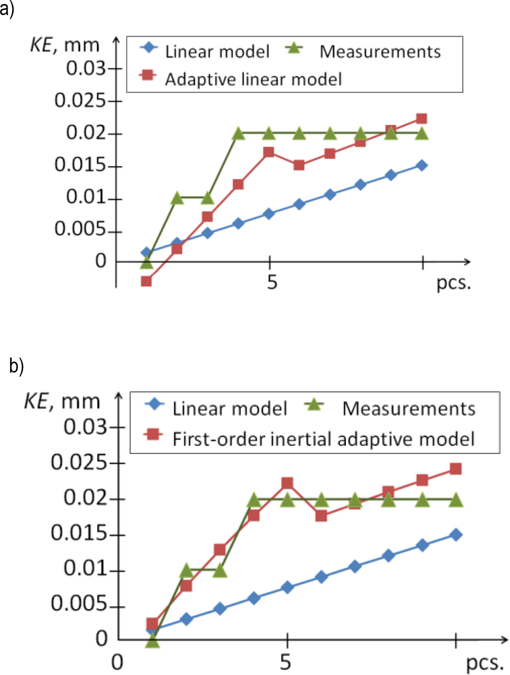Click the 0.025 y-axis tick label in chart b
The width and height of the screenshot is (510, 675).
[79, 462]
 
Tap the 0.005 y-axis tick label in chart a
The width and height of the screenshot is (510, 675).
[80, 229]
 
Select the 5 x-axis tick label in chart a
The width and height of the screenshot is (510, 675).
[272, 282]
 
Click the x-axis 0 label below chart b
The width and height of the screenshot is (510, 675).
[116, 662]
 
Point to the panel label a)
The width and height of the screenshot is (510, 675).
[7, 9]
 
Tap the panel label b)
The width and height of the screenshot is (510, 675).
[16, 366]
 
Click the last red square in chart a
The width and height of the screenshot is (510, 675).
[422, 119]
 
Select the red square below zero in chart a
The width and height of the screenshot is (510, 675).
[146, 281]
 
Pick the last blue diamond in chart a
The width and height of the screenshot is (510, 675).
[422, 165]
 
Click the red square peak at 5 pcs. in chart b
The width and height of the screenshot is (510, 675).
[287, 483]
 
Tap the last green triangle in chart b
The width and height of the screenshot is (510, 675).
[456, 499]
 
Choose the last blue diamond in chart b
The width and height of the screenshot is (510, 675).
[456, 535]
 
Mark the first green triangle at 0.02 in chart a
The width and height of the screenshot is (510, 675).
[238, 134]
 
